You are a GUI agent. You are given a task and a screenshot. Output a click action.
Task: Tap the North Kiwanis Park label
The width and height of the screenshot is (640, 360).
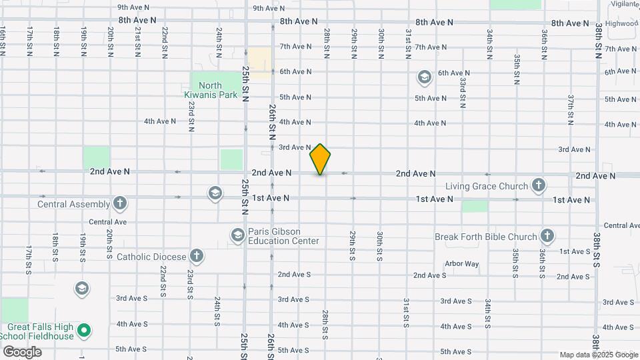click(x=211, y=90)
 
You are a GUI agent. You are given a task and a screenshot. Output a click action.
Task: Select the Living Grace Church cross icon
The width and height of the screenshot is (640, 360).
click(x=539, y=185)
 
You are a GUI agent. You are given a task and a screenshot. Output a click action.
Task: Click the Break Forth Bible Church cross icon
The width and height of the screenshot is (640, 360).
click(x=547, y=236)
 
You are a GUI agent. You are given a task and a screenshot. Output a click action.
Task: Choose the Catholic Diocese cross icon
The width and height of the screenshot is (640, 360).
click(x=196, y=255)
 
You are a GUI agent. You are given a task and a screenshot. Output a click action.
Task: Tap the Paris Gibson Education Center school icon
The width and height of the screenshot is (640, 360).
click(x=237, y=235)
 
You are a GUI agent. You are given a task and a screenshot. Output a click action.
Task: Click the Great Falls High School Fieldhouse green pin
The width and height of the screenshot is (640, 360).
click(x=84, y=330)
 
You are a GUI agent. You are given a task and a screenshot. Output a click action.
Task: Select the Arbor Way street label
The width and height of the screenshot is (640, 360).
click(x=461, y=264)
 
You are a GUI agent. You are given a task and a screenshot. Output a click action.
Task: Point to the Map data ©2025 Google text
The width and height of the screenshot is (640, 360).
click(x=597, y=355)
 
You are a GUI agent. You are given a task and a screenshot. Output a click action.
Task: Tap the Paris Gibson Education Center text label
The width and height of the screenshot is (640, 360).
click(x=283, y=236)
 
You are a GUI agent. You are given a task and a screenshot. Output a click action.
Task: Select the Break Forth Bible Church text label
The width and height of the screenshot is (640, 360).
click(x=485, y=237)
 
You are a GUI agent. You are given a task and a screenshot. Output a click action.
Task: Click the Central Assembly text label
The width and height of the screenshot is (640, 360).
click(x=74, y=204)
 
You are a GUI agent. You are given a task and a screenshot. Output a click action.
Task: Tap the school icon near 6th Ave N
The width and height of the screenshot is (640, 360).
click(x=424, y=78)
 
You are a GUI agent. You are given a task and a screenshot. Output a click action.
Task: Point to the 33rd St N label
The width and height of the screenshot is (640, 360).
click(x=462, y=92)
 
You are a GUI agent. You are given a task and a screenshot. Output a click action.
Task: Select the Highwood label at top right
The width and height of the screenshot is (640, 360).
click(x=621, y=23)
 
